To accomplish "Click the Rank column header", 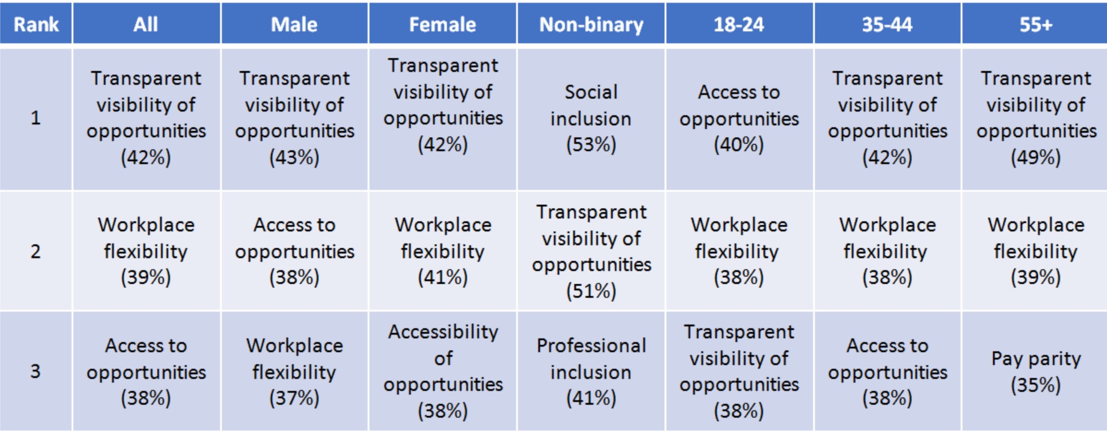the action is (36, 24).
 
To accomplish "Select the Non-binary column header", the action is (591, 24).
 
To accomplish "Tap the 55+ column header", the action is (1035, 24).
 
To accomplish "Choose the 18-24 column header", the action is (739, 24).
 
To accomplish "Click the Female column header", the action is (443, 24).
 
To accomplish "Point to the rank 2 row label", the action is (36, 251).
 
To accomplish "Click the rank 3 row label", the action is (36, 371).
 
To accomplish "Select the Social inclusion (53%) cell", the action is (591, 118).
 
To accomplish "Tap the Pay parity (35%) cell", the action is (1035, 371).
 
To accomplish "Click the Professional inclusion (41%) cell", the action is (591, 371).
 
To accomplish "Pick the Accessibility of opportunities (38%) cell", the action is (443, 371).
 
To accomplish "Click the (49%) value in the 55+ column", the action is (1036, 157).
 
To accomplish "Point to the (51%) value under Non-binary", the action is (591, 291).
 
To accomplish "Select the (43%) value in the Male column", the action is (294, 157).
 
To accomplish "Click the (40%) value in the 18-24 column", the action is (739, 144).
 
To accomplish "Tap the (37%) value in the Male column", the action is (294, 398).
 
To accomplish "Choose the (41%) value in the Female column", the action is (443, 277).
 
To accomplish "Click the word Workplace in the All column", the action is (146, 225).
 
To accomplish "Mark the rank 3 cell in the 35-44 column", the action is (887, 371).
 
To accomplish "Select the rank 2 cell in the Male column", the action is (294, 251).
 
